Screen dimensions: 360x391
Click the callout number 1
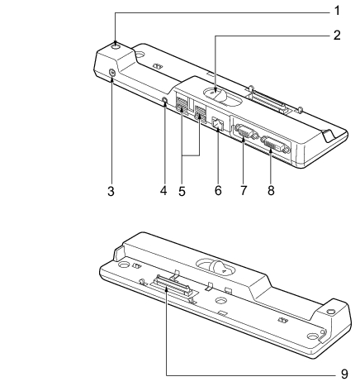pyautogui.click(x=337, y=11)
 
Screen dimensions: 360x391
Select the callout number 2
pyautogui.click(x=337, y=35)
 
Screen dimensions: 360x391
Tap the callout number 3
pyautogui.click(x=111, y=191)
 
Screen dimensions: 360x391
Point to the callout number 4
pyautogui.click(x=163, y=190)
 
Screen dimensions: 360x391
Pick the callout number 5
pyautogui.click(x=182, y=191)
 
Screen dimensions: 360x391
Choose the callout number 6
pyautogui.click(x=218, y=190)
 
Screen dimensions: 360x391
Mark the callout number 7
pyautogui.click(x=244, y=190)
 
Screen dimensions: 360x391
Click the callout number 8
pyautogui.click(x=271, y=190)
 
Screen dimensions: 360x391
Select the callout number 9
pyautogui.click(x=344, y=374)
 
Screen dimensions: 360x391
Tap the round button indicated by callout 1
pyautogui.click(x=116, y=45)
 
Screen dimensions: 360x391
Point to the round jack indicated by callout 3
pyautogui.click(x=111, y=72)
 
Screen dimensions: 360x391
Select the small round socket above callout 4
pyautogui.click(x=165, y=100)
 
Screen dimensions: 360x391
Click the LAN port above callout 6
pyautogui.click(x=218, y=123)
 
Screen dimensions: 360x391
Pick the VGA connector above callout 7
pyautogui.click(x=246, y=131)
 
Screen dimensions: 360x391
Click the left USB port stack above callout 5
pyautogui.click(x=181, y=105)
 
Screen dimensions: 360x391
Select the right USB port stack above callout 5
pyautogui.click(x=200, y=113)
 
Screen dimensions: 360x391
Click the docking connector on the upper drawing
pyautogui.click(x=268, y=101)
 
